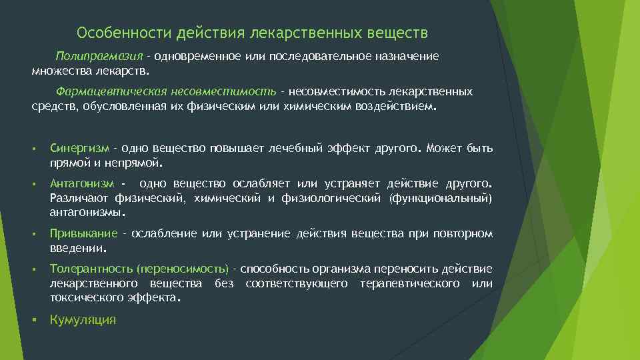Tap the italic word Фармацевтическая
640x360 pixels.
(103, 91)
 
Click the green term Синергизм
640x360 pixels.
(79, 148)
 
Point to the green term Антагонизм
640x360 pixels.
(81, 183)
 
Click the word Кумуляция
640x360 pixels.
(83, 320)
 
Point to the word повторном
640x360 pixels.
(463, 233)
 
